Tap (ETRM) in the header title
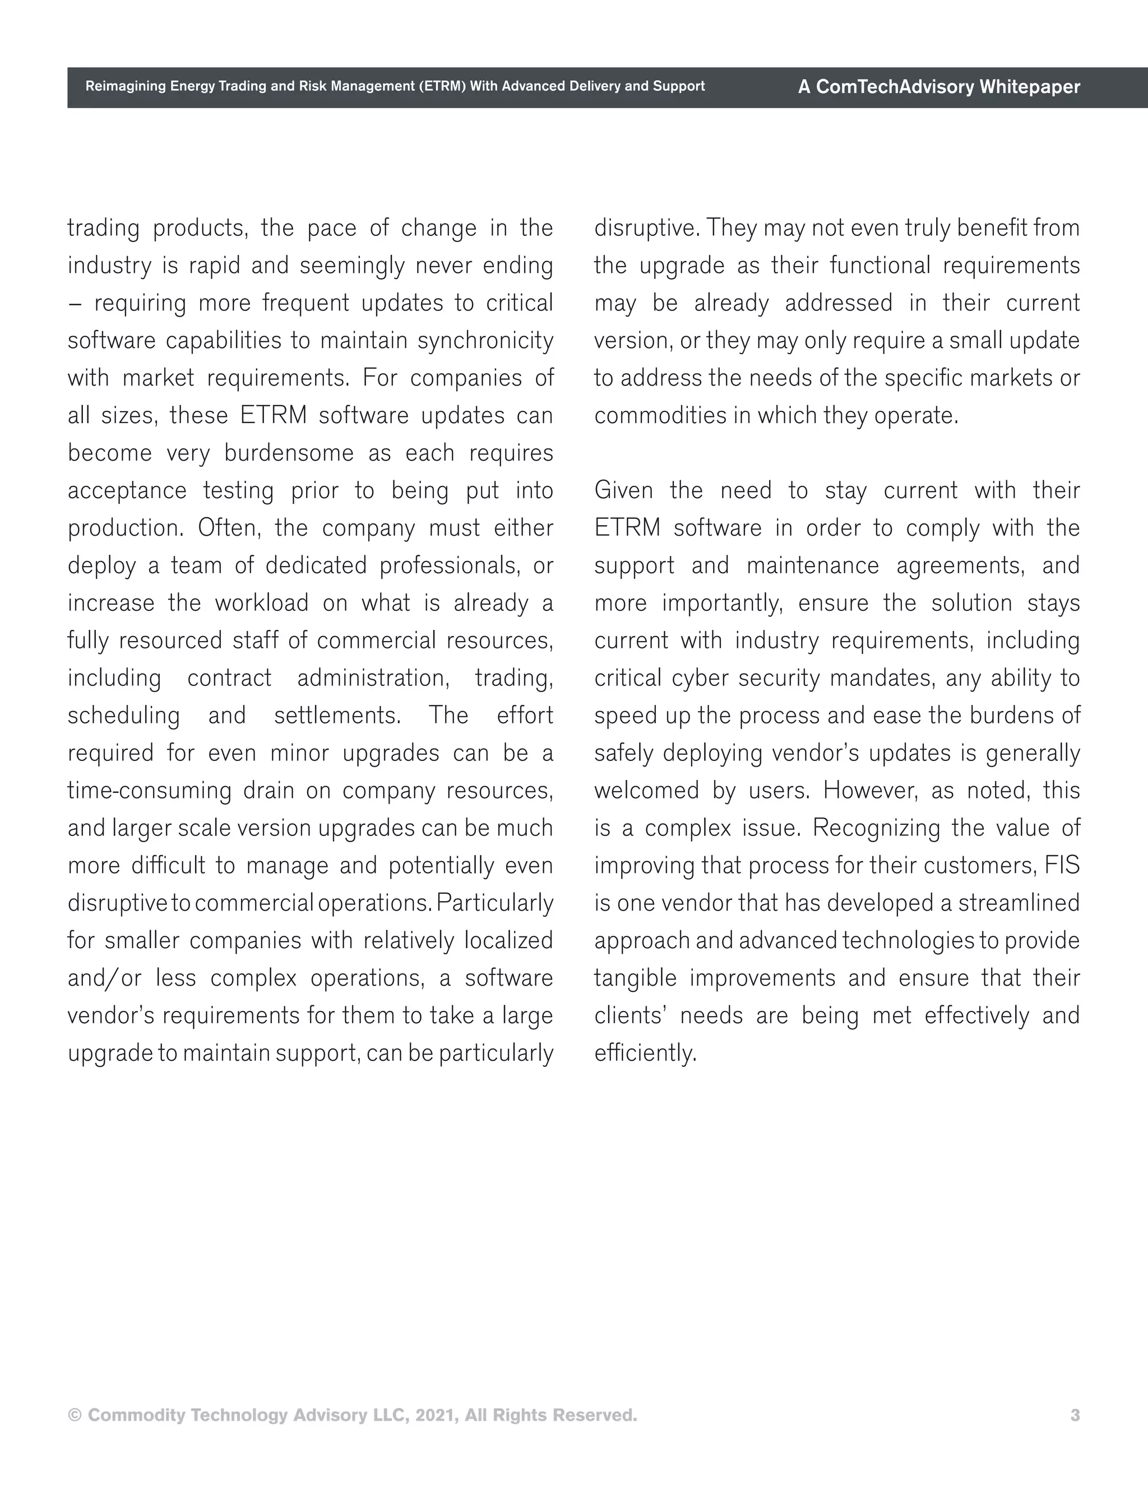pyautogui.click(x=441, y=86)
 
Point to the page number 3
pyautogui.click(x=1075, y=1415)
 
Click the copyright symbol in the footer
pyautogui.click(x=75, y=1415)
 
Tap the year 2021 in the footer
pyautogui.click(x=437, y=1415)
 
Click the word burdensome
pyautogui.click(x=289, y=453)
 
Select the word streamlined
pyautogui.click(x=1019, y=903)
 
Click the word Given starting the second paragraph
pyautogui.click(x=623, y=490)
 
